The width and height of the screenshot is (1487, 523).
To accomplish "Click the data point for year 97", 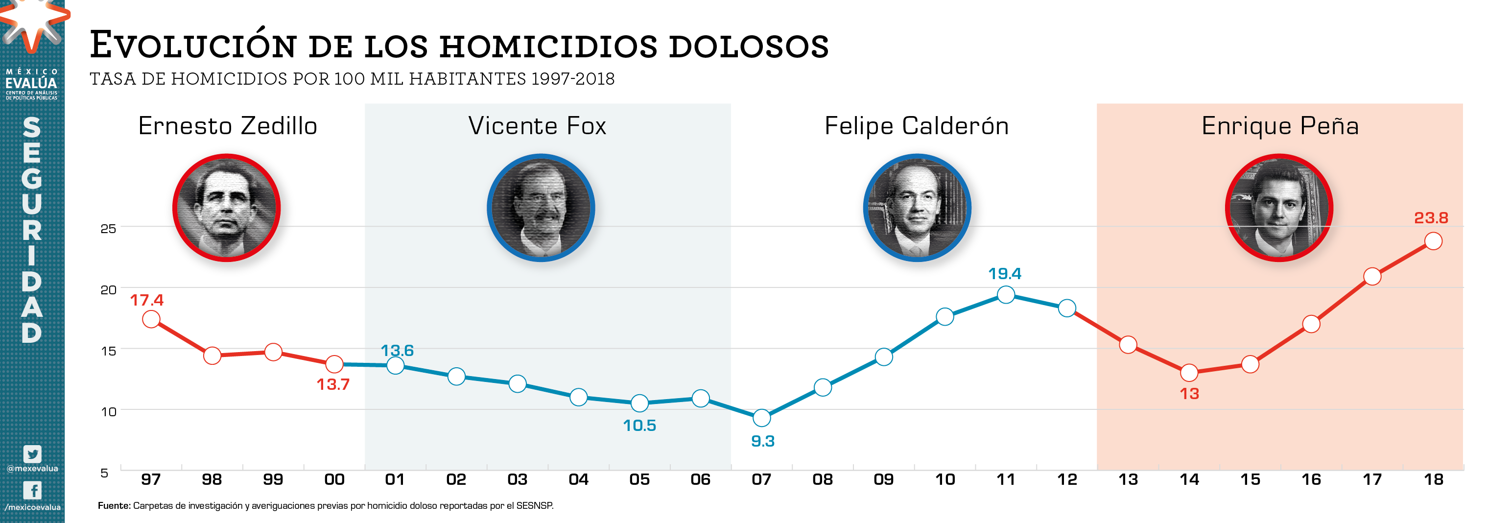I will click(x=151, y=319).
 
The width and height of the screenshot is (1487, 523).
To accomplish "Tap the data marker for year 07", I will click(x=761, y=417).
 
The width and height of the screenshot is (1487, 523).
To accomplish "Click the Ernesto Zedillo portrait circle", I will click(x=226, y=208).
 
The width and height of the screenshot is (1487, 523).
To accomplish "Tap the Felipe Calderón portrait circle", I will click(x=917, y=208).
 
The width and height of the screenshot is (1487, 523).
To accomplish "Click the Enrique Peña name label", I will click(x=1280, y=126).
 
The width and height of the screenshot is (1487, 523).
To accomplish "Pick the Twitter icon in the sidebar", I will click(x=32, y=454).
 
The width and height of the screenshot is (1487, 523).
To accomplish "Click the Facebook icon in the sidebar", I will click(x=32, y=490).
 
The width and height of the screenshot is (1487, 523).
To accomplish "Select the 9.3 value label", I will click(x=762, y=441).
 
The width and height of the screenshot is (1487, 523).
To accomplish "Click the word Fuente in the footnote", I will click(x=114, y=506).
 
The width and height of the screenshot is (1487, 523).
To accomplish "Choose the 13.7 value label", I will click(x=333, y=384).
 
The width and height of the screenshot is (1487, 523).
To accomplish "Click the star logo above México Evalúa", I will click(x=32, y=23).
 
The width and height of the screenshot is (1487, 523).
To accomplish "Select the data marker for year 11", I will click(x=1006, y=294).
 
